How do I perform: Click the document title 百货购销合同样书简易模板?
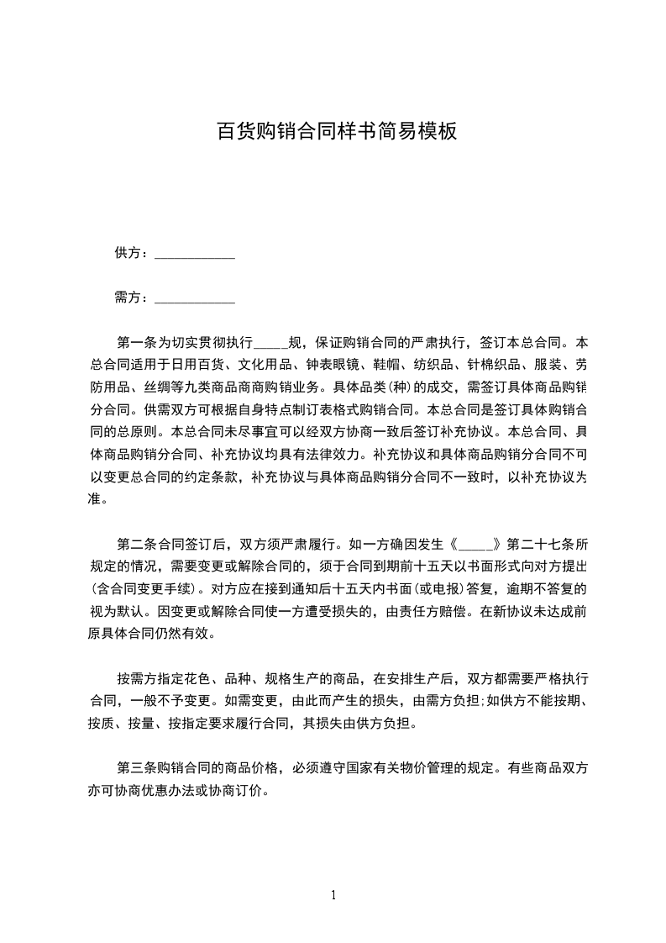tap(337, 131)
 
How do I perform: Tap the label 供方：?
tap(133, 252)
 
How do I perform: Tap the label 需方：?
tap(133, 297)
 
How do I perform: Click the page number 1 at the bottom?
tap(333, 895)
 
